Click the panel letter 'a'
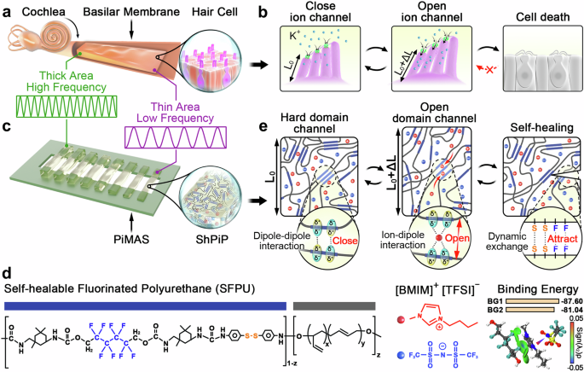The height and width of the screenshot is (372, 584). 6,8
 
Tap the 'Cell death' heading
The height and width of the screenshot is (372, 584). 535,16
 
